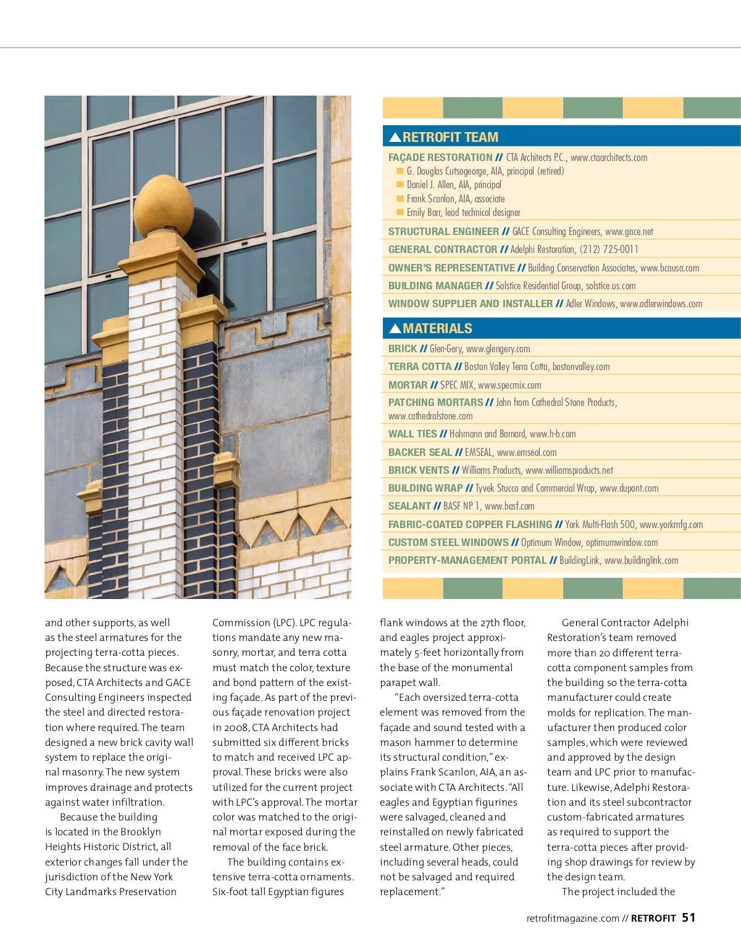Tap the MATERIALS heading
point(437,328)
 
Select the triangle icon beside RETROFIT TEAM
point(395,137)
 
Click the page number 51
point(689,917)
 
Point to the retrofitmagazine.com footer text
point(572,918)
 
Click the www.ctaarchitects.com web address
point(609,157)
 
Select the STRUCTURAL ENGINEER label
point(443,231)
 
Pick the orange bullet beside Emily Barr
point(400,212)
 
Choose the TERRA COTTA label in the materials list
point(420,366)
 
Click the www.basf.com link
point(509,506)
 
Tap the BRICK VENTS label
point(419,470)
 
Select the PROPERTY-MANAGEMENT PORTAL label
point(467,560)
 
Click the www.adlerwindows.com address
point(661,304)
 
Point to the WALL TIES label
point(412,434)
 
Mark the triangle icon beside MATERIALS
point(395,328)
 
